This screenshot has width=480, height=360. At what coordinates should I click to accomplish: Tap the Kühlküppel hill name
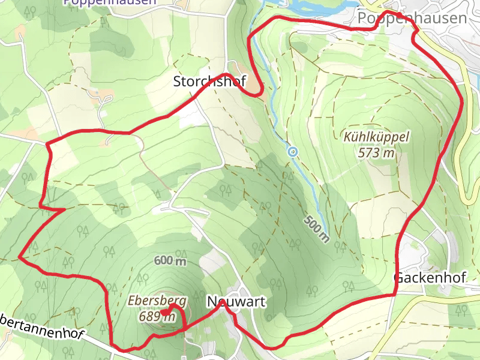[376, 137]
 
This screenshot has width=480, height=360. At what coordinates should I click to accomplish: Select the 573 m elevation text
[376, 152]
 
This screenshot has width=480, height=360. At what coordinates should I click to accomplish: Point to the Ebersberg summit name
[157, 301]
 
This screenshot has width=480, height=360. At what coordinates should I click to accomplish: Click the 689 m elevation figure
[157, 316]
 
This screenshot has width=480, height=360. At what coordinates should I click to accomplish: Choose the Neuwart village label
[236, 301]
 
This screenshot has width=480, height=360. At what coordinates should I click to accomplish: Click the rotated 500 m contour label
[316, 229]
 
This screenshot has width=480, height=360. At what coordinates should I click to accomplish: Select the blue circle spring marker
[292, 152]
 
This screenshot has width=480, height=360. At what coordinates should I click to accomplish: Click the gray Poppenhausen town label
[412, 19]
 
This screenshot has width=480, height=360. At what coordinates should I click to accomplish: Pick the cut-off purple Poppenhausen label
[110, 2]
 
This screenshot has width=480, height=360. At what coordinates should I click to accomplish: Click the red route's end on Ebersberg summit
[164, 311]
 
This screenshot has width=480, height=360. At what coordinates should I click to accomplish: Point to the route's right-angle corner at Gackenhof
[395, 295]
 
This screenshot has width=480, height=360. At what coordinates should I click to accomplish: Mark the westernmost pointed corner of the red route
[20, 256]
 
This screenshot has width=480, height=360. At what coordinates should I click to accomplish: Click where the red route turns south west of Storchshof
[48, 144]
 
